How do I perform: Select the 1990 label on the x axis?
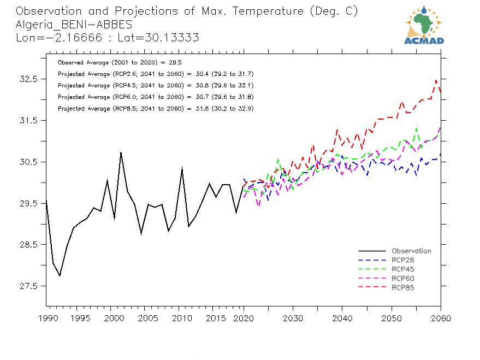(46, 318)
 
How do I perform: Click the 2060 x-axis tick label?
(441, 318)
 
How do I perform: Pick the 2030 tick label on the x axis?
(293, 318)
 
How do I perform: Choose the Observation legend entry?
(411, 251)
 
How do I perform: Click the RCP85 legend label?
(403, 287)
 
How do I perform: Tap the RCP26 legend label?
(403, 260)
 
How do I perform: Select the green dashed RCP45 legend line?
(372, 269)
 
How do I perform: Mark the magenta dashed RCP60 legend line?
(372, 279)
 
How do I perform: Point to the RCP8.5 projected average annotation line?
(155, 109)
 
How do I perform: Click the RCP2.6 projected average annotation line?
(155, 74)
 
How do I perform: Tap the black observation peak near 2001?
(121, 152)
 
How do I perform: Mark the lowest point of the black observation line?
(60, 276)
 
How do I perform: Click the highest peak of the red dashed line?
(436, 80)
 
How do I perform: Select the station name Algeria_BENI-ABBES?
(74, 25)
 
